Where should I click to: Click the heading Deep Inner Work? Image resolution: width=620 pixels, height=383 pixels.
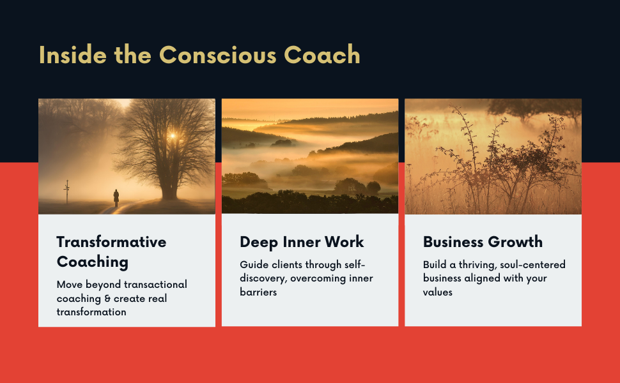(302, 242)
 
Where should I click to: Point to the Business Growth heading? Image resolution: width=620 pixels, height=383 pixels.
(483, 242)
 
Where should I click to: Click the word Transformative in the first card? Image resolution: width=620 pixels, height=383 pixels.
(111, 242)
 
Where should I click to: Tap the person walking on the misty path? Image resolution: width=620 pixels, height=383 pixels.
(116, 197)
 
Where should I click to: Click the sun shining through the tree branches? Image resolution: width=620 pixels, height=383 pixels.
(171, 136)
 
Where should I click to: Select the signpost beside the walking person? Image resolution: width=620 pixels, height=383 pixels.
(66, 191)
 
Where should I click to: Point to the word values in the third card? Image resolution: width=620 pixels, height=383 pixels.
(438, 292)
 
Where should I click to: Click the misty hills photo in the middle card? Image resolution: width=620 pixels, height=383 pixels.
(310, 156)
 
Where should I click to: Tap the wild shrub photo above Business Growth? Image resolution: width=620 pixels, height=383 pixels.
(493, 156)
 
